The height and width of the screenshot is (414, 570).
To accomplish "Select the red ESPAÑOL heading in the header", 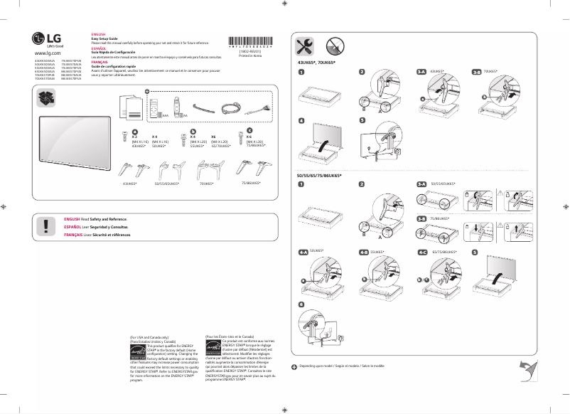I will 98,48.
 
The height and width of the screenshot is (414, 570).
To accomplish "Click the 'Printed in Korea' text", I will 249,56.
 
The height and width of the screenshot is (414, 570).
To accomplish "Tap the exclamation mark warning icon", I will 46,226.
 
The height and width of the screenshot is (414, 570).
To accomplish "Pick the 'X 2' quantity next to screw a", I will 134,137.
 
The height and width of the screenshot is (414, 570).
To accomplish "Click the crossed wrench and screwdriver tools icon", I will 305,46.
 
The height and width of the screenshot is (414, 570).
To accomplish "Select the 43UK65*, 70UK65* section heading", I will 316,63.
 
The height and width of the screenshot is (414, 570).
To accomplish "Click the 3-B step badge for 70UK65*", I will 477,72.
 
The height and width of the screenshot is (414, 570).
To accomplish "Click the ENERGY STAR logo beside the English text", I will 137,352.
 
